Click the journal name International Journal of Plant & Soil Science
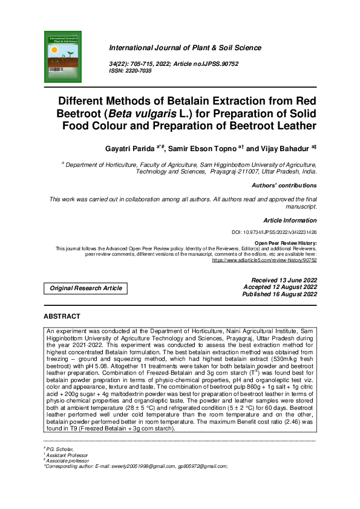(x=185, y=48)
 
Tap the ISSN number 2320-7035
(x=143, y=70)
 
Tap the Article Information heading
(x=290, y=221)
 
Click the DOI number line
(x=274, y=232)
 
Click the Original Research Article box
(x=86, y=288)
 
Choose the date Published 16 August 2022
(x=280, y=294)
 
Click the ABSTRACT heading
(x=62, y=316)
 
